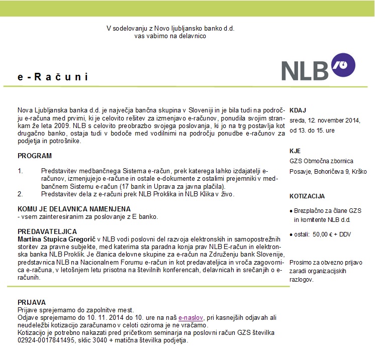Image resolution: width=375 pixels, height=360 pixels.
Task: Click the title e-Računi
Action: coord(53,77)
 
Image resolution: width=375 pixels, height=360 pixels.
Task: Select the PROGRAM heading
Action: coord(35,156)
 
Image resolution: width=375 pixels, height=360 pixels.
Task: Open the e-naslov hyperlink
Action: coord(189,318)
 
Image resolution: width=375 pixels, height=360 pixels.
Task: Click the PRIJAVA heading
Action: coord(32,302)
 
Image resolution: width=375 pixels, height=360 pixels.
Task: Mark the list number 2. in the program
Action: coord(21,193)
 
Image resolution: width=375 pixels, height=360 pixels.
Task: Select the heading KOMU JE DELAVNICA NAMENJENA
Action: coord(74,209)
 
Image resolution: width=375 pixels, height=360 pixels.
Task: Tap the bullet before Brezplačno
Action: coord(292,210)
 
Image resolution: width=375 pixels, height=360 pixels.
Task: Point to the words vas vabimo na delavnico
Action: coord(170,36)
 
